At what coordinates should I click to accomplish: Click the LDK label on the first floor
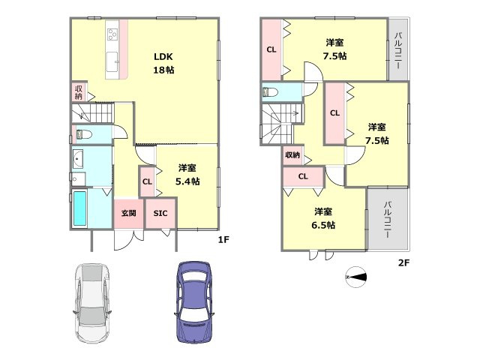point(163,57)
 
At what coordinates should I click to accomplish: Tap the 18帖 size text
point(163,70)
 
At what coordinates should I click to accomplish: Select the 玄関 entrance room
point(128,213)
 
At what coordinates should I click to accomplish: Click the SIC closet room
point(160,213)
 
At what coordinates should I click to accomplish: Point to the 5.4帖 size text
point(187,181)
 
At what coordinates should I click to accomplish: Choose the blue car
point(194,301)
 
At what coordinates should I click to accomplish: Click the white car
point(92,303)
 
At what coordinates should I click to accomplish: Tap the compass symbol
point(355,277)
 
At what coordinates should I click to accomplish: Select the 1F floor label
point(223,239)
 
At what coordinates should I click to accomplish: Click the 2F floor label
point(403,262)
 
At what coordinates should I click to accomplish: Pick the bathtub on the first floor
point(80,208)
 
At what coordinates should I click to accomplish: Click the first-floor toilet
point(84,134)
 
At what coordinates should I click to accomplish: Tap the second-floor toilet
point(270,91)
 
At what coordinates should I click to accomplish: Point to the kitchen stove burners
point(112,34)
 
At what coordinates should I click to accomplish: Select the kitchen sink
point(112,61)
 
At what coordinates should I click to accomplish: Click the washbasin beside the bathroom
point(78,159)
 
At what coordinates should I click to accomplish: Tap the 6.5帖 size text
point(323,225)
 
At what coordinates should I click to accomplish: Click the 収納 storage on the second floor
point(292,155)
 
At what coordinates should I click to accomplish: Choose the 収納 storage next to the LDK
point(79,92)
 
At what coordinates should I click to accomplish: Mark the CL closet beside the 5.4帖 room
point(147,181)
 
